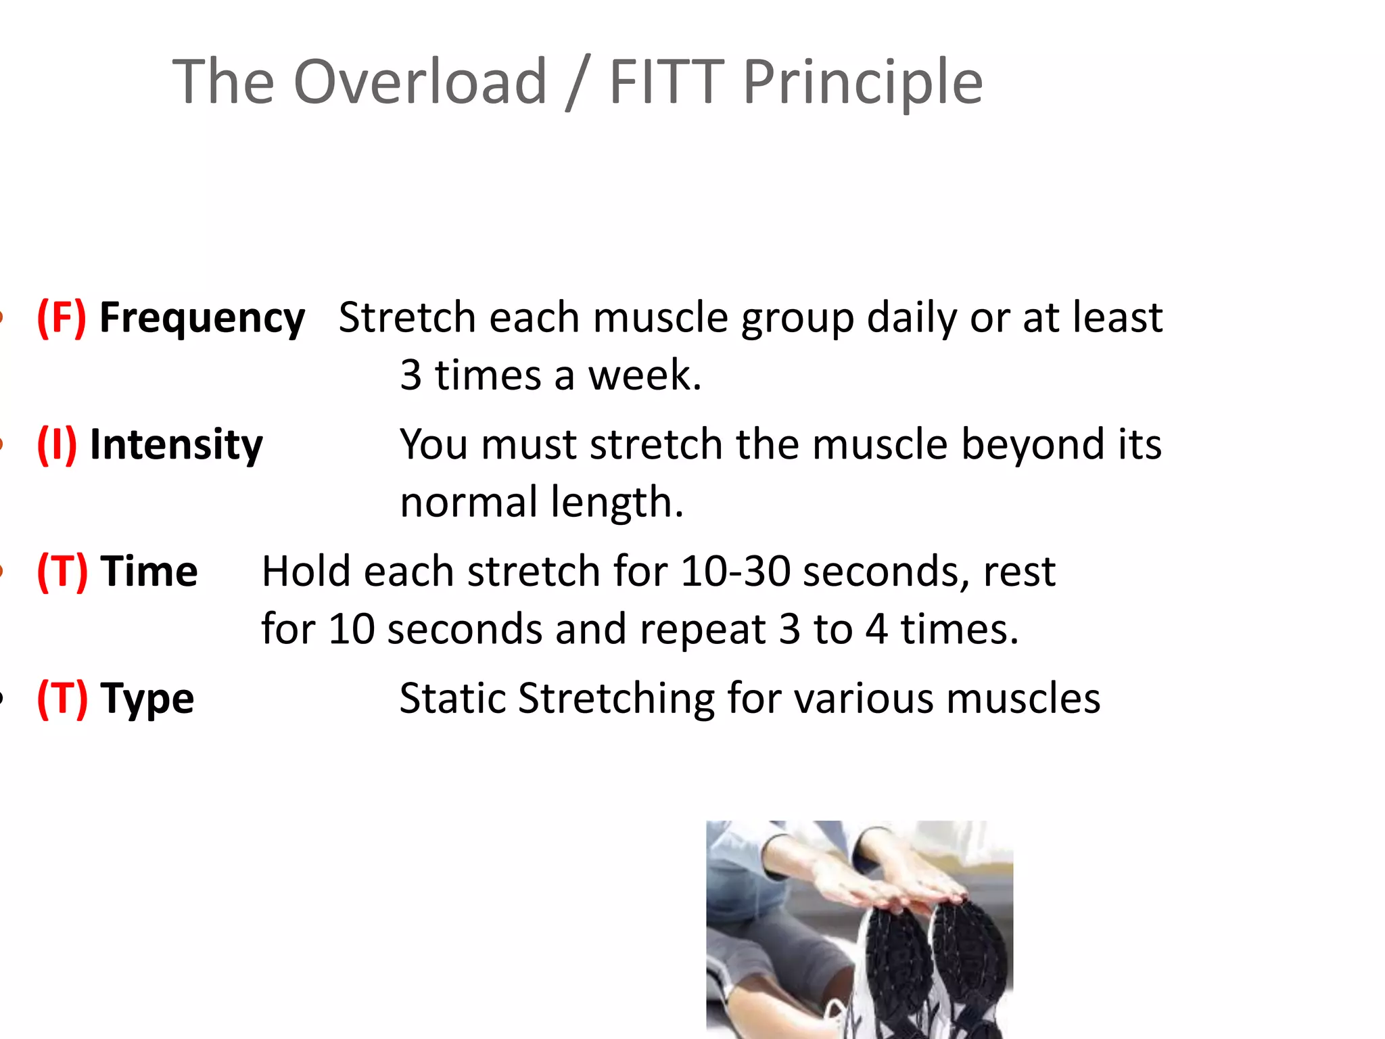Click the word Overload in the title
pos(420,82)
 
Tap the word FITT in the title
pos(667,82)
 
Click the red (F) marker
pos(62,317)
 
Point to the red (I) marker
pos(57,444)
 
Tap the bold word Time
pos(149,572)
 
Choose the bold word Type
pos(147,699)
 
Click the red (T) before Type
pos(62,698)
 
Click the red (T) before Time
pos(62,572)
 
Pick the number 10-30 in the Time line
pos(735,572)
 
